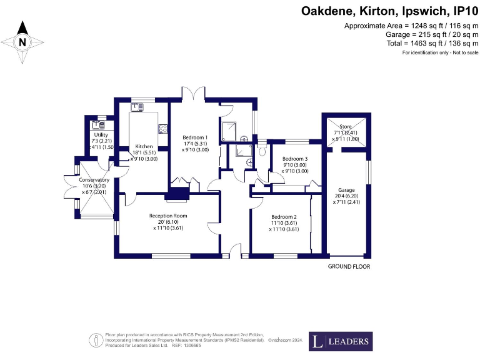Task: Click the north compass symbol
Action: click(22, 42)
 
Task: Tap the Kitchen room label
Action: click(144, 147)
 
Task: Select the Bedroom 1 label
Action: click(196, 137)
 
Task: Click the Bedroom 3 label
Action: click(295, 159)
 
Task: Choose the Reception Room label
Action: click(168, 216)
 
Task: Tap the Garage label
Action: click(346, 190)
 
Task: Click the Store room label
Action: click(346, 127)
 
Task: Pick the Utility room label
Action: click(101, 135)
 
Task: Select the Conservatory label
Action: click(94, 180)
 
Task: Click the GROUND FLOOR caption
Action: click(349, 266)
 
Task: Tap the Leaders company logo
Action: click(340, 342)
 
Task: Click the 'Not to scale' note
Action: click(440, 52)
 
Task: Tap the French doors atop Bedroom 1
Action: click(196, 94)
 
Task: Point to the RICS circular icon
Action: click(97, 340)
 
